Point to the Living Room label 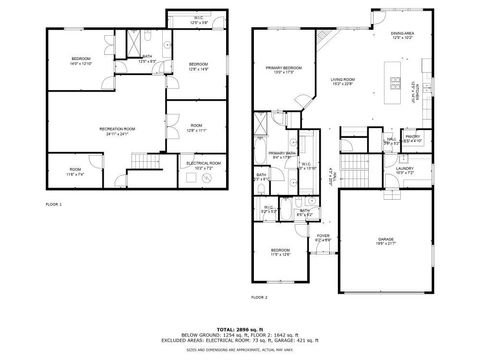(344, 79)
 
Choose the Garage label (386, 240)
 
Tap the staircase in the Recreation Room (149, 164)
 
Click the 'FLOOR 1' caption (54, 204)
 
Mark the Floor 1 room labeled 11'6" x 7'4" (75, 171)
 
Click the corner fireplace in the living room (326, 39)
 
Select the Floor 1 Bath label (147, 59)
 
